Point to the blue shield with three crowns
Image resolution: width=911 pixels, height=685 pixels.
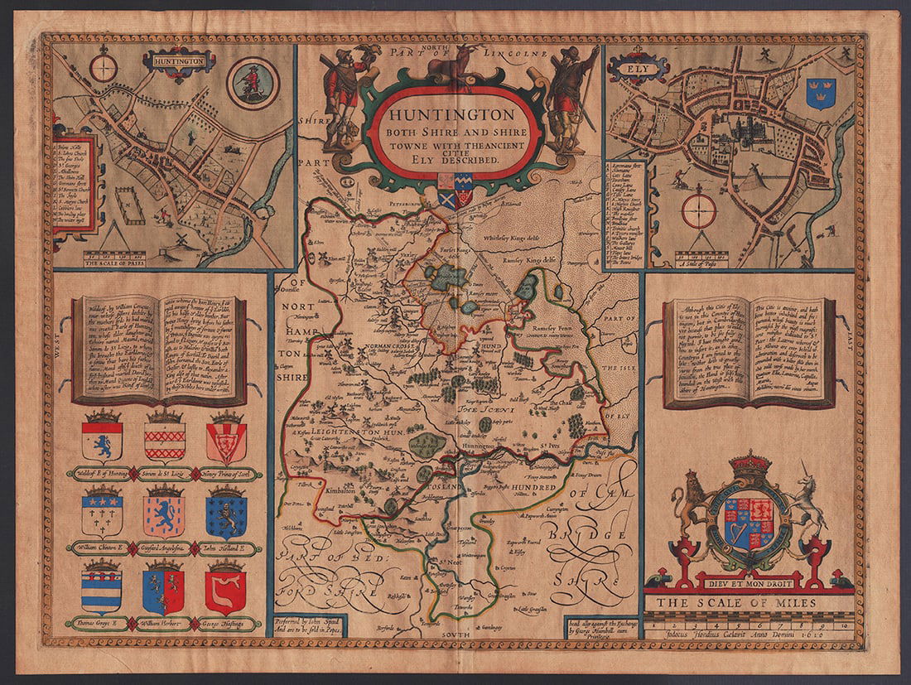pos(821,93)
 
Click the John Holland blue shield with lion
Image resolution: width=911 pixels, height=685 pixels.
pos(224,514)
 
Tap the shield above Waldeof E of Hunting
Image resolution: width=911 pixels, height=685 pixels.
pos(102,440)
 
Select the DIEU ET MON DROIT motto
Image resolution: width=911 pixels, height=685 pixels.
pos(751,581)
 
